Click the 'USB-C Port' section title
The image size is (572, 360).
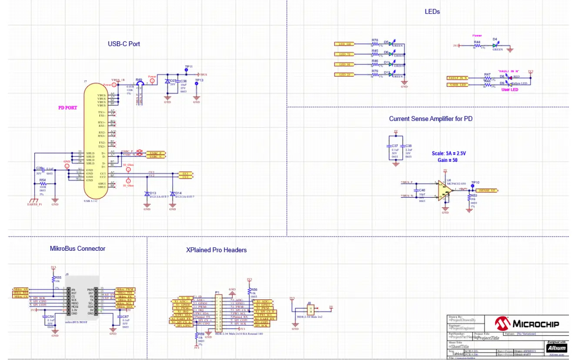pyautogui.click(x=124, y=44)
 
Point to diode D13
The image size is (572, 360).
pyautogui.click(x=147, y=194)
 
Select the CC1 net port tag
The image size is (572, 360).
pyautogui.click(x=185, y=173)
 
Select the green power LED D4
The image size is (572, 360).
pyautogui.click(x=495, y=44)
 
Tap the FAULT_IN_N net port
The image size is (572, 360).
pyautogui.click(x=458, y=77)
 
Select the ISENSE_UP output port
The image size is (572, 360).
pyautogui.click(x=488, y=190)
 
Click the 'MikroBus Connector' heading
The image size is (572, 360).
pyautogui.click(x=77, y=249)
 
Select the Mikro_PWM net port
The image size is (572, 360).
pyautogui.click(x=125, y=289)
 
